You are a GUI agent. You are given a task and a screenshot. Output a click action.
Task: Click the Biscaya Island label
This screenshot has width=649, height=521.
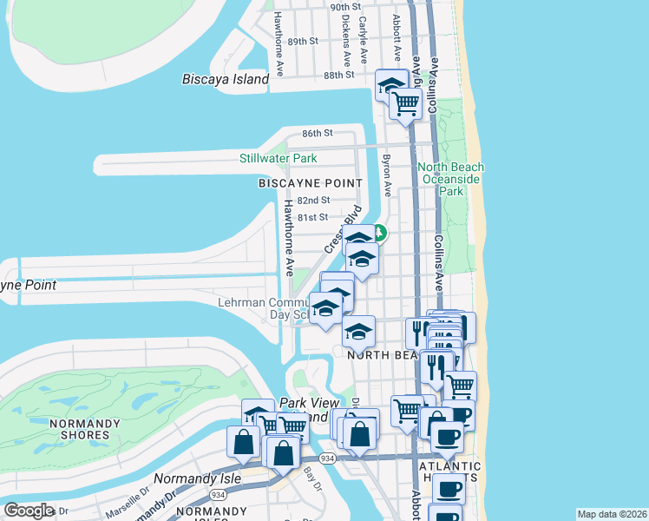(226, 79)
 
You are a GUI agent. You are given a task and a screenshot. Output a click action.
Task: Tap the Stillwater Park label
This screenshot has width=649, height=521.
(279, 158)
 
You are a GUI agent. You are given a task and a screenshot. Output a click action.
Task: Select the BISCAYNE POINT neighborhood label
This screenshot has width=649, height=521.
(310, 183)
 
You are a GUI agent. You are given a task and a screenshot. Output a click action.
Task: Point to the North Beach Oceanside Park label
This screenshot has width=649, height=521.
(449, 179)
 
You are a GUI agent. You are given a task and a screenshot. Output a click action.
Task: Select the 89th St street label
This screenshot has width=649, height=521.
(303, 41)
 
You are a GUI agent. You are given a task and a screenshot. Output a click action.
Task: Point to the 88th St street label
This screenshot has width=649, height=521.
(339, 75)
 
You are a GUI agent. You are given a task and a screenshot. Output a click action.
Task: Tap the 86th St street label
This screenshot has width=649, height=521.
(317, 133)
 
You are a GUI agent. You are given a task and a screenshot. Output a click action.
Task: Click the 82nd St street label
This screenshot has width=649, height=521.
(313, 200)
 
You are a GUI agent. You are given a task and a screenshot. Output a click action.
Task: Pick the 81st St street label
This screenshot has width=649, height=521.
(312, 217)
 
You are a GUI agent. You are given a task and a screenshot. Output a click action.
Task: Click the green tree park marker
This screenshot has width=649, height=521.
(380, 233)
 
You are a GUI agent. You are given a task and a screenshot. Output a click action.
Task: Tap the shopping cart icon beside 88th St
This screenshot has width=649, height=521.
(406, 103)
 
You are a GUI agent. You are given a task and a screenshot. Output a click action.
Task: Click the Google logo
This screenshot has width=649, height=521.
(29, 511)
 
